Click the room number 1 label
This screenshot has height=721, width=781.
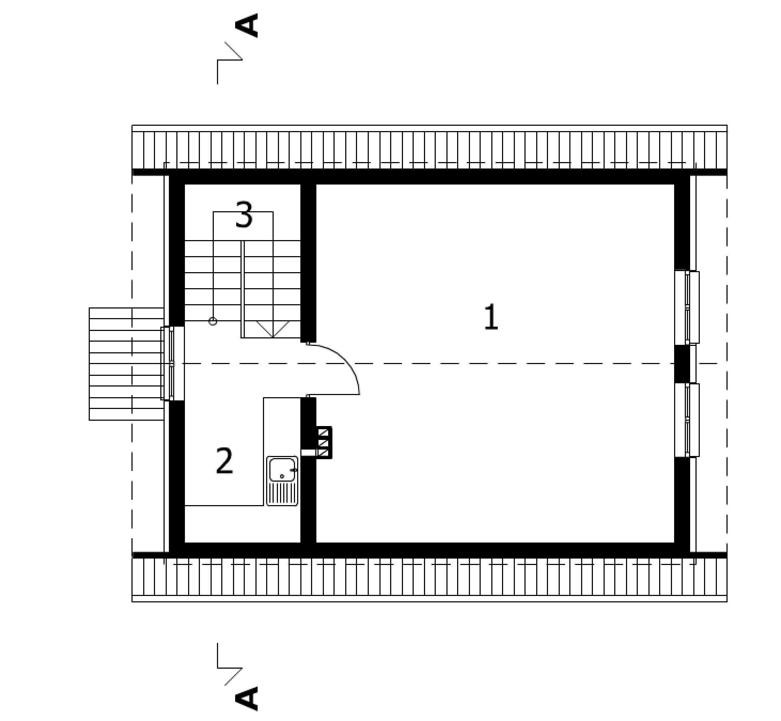coord(491,317)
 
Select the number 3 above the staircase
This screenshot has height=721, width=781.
coord(244,215)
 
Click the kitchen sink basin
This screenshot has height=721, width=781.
coord(282,470)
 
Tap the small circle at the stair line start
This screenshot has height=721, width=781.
coord(213,321)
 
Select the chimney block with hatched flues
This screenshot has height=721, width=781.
coord(324,442)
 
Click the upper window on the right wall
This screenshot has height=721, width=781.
coord(687,307)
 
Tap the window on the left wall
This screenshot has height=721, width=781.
coord(172,363)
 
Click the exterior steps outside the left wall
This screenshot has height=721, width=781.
coord(126,364)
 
